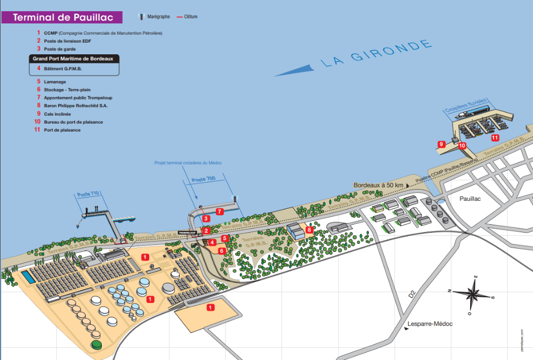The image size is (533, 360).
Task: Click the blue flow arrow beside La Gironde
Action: click(293, 70)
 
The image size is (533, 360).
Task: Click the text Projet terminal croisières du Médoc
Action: click(188, 162)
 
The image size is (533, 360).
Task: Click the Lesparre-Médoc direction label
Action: click(430, 324)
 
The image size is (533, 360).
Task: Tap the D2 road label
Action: click(412, 293)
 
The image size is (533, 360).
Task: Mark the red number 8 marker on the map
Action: click(309, 230)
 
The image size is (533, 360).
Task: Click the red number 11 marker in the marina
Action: click(495, 137)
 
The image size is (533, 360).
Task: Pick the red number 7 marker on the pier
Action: click(220, 211)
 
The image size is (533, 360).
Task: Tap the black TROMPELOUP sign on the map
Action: click(187, 233)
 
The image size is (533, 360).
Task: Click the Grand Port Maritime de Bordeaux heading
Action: click(74, 59)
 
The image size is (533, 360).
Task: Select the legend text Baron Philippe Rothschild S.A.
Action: click(76, 105)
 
